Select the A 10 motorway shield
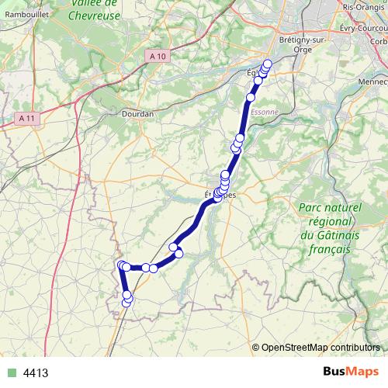pos(158,55)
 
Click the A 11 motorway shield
pos(27,118)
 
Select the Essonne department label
pos(264,111)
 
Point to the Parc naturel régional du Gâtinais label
pos(330,229)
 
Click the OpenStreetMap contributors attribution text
pos(320,347)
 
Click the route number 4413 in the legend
pos(36,372)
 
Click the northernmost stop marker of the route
pos(268,64)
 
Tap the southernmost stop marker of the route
pos(126,303)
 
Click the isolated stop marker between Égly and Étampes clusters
pos(251,98)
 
